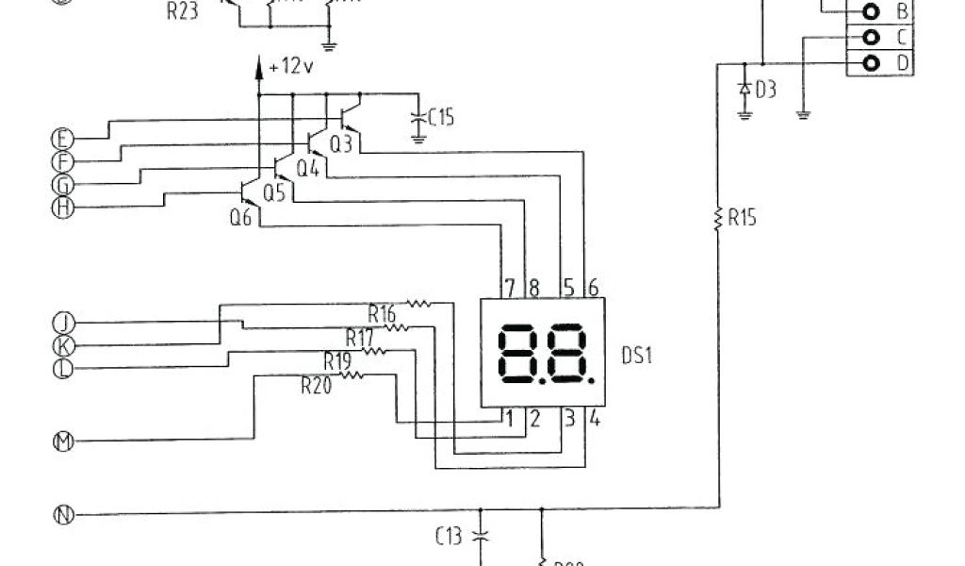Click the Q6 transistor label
(240, 216)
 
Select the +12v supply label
(291, 68)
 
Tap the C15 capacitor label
(441, 118)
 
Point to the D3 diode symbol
(744, 89)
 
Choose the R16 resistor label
(382, 312)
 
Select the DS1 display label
(637, 356)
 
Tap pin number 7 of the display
(509, 287)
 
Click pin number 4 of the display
(594, 418)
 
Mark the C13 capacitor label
(449, 537)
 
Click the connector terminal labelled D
(873, 63)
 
